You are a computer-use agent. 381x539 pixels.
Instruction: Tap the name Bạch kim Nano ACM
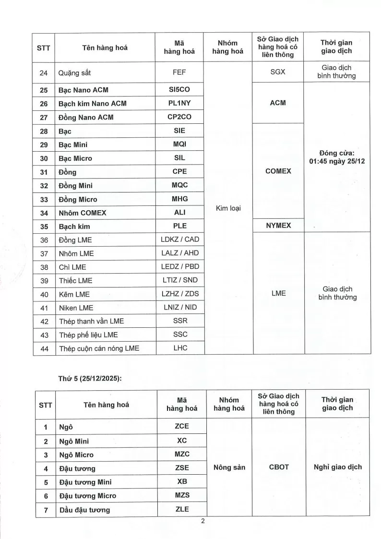93,103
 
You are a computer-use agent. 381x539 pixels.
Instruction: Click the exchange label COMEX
278,171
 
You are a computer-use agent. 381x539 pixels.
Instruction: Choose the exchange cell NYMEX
278,226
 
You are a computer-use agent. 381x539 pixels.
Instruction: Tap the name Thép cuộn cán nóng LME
99,348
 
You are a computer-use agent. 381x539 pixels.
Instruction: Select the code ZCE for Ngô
181,426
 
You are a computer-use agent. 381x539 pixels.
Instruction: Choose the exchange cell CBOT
278,467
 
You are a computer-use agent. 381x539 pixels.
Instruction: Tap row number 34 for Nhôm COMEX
45,213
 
